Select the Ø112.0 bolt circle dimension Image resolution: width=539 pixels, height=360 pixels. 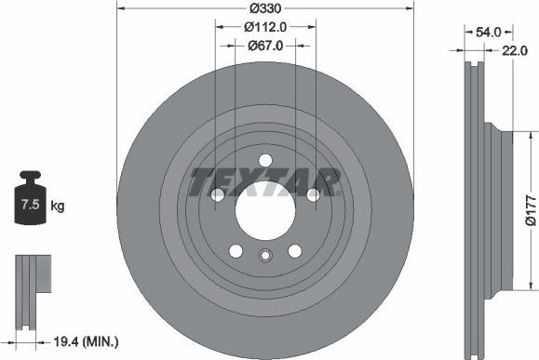pyautogui.click(x=264, y=27)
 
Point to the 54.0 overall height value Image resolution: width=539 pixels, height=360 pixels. pyautogui.click(x=490, y=32)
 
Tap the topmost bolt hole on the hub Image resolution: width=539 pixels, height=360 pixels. pyautogui.click(x=264, y=158)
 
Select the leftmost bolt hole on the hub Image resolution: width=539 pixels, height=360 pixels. pyautogui.click(x=217, y=194)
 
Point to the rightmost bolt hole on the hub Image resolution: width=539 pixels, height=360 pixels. pyautogui.click(x=313, y=194)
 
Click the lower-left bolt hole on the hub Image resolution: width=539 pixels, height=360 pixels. pyautogui.click(x=235, y=250)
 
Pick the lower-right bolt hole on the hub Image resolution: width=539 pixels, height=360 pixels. pyautogui.click(x=294, y=250)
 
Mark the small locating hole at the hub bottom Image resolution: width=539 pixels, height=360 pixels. pyautogui.click(x=264, y=259)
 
